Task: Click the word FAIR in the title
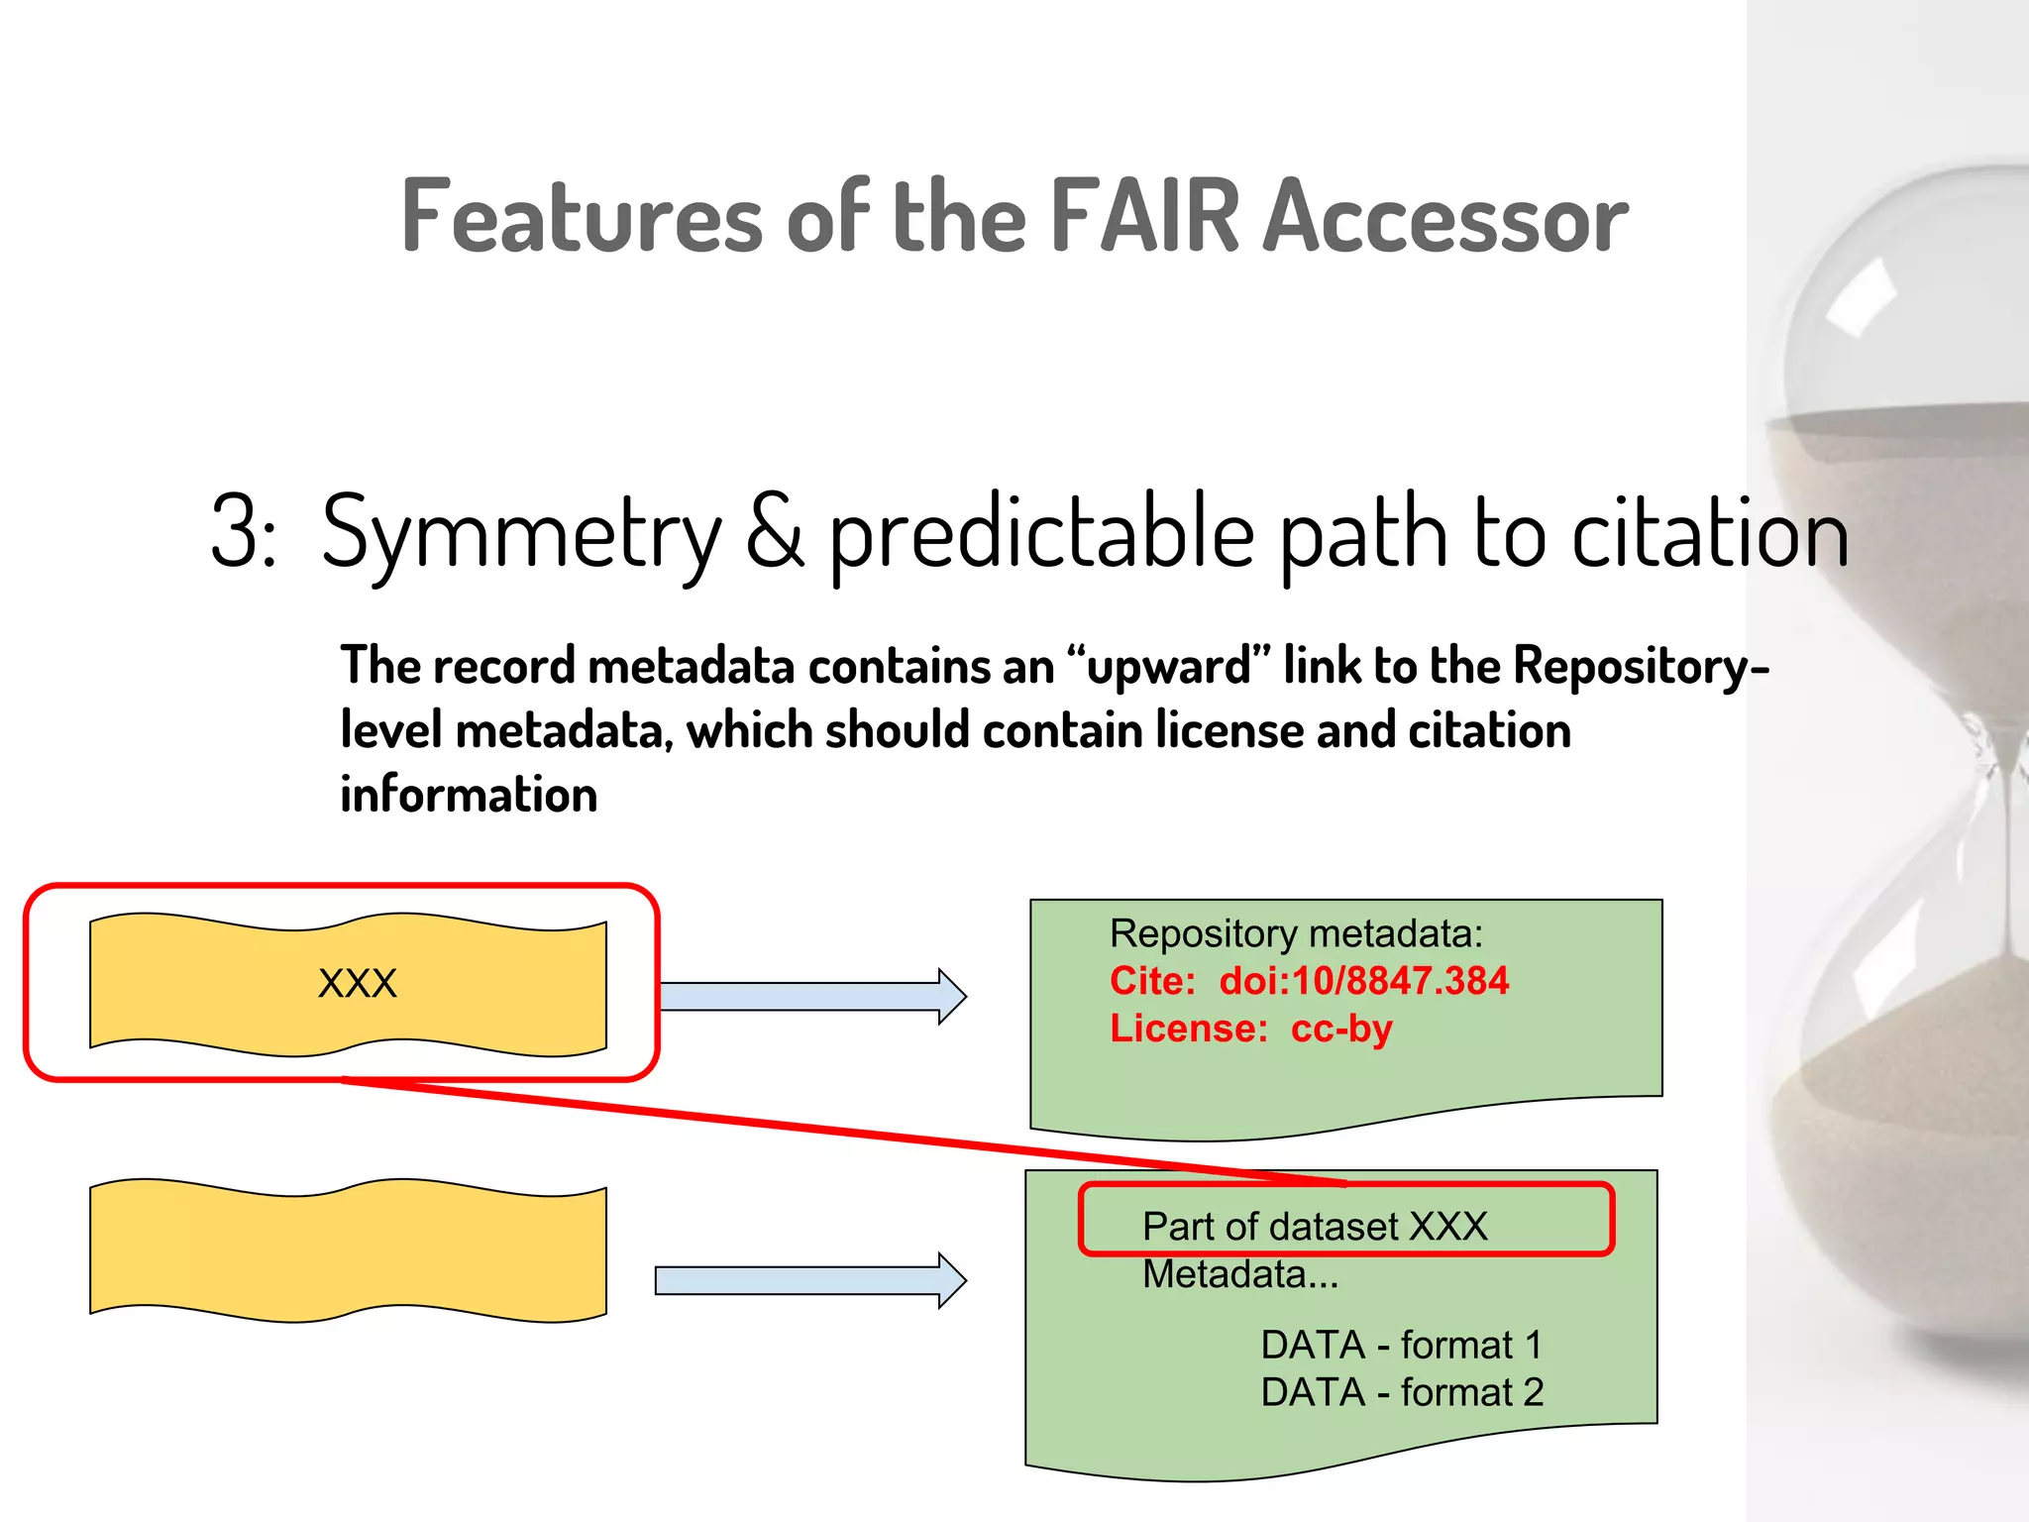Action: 1144,216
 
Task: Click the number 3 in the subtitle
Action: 236,533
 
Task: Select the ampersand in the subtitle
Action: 775,533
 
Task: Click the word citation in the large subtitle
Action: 1710,533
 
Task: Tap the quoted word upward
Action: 1169,665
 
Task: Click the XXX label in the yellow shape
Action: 357,983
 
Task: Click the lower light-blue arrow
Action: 809,1280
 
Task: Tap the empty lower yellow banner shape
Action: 348,1250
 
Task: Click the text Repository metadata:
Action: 1296,933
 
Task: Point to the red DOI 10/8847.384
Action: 1363,981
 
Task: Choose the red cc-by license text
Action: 1341,1029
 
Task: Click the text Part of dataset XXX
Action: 1315,1227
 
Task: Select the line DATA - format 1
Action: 1402,1345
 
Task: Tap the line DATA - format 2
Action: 1402,1392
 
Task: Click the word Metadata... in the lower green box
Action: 1240,1274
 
